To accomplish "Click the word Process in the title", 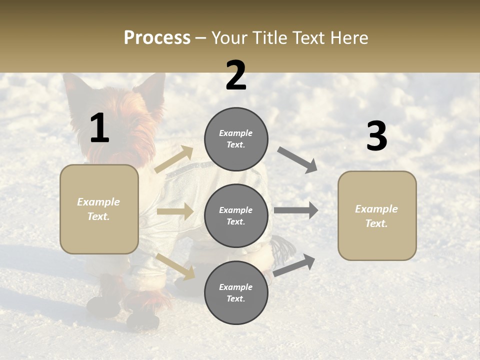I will click(157, 37).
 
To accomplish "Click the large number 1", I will click(99, 128).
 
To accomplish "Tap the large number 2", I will click(236, 75).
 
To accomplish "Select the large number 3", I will click(376, 136).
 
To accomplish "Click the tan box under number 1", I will click(99, 209).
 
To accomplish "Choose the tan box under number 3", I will click(377, 215).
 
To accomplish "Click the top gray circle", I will click(236, 139).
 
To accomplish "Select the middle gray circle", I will click(236, 215).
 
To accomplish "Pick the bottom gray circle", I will click(236, 292).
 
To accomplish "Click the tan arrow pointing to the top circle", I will click(174, 159).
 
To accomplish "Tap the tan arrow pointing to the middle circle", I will click(175, 211).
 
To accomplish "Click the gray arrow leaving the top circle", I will click(297, 160).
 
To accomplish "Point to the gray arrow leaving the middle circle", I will click(296, 210).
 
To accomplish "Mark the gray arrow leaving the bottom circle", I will click(294, 265).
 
